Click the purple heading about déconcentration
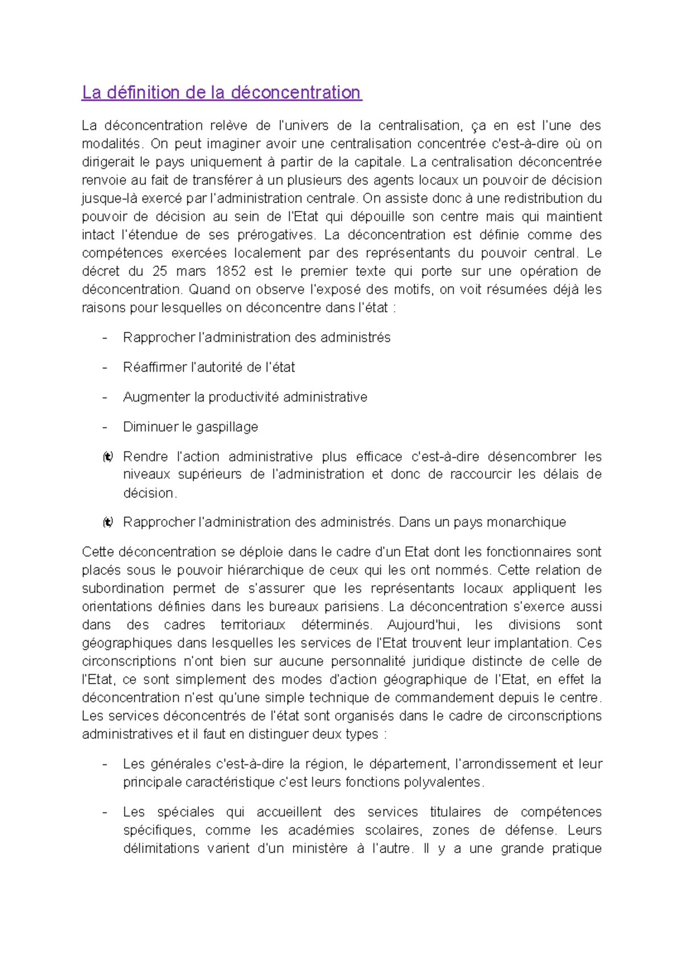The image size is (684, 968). click(x=221, y=92)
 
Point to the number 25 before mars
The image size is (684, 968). click(x=160, y=271)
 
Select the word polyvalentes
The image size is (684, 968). click(x=443, y=782)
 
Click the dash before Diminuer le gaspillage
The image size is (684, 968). click(x=104, y=427)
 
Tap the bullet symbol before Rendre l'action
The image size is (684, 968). click(x=108, y=457)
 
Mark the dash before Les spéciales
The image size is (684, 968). click(x=104, y=812)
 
